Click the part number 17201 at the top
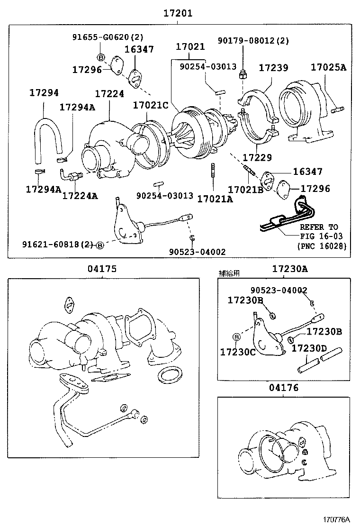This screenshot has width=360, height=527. click(x=178, y=13)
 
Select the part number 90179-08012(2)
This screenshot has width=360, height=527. click(x=253, y=41)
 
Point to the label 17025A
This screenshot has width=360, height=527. click(x=328, y=67)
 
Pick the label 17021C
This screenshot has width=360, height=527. click(x=150, y=105)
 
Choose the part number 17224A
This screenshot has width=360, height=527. click(x=80, y=195)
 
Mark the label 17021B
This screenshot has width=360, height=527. click(x=245, y=190)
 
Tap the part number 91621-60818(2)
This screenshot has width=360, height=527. click(x=58, y=245)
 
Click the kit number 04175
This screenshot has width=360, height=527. click(x=101, y=269)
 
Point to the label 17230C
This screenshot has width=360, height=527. click(x=238, y=352)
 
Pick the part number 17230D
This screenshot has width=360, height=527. click(x=309, y=349)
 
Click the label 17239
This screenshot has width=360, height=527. click(x=273, y=68)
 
